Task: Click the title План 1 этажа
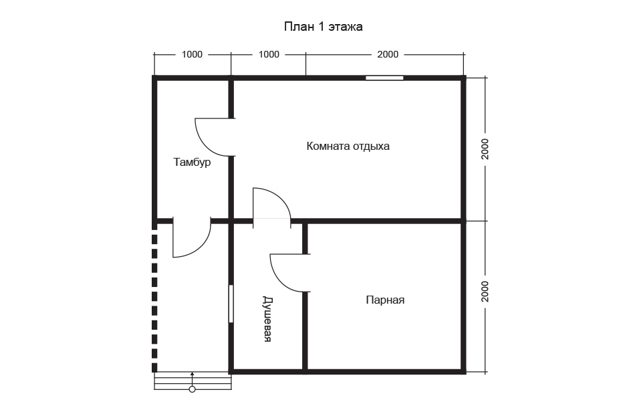point(323,27)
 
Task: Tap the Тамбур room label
point(192,162)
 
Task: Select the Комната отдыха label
point(348,146)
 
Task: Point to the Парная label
point(385,300)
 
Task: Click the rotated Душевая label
point(267,319)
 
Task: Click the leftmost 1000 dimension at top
point(192,54)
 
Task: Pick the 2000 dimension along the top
point(388,54)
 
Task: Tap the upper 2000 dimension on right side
point(485,149)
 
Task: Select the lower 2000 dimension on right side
point(485,292)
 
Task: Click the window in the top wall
point(384,78)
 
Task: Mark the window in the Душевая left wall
point(231,304)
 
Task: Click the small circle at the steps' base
point(193,389)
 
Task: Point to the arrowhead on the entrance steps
point(193,374)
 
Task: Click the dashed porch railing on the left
point(154,300)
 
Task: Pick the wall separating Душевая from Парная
point(305,296)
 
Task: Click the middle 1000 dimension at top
point(269,54)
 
